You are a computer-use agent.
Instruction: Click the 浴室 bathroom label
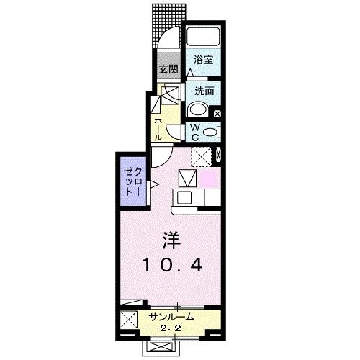pyautogui.click(x=204, y=63)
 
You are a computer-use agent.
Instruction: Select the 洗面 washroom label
pyautogui.click(x=204, y=91)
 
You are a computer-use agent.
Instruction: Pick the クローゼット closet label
pyautogui.click(x=130, y=179)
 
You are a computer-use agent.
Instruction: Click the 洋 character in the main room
pyautogui.click(x=171, y=240)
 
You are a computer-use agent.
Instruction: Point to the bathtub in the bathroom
pyautogui.click(x=203, y=37)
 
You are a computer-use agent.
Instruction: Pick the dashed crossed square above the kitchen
pyautogui.click(x=200, y=156)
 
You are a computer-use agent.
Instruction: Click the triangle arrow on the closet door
pyautogui.click(x=153, y=184)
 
